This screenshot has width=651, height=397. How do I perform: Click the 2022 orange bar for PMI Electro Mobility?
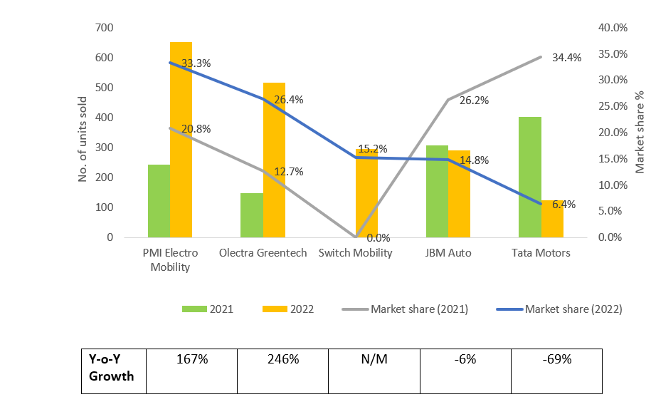[181, 140]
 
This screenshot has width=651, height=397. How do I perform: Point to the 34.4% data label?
[566, 58]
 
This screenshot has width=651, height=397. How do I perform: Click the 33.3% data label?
[196, 63]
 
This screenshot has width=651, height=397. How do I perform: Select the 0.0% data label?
[378, 238]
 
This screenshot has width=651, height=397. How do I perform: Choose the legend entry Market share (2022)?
[563, 309]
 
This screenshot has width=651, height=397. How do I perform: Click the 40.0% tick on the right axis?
[612, 28]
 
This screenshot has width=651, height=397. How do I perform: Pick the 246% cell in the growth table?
[282, 359]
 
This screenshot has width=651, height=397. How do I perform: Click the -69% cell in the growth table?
[557, 359]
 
